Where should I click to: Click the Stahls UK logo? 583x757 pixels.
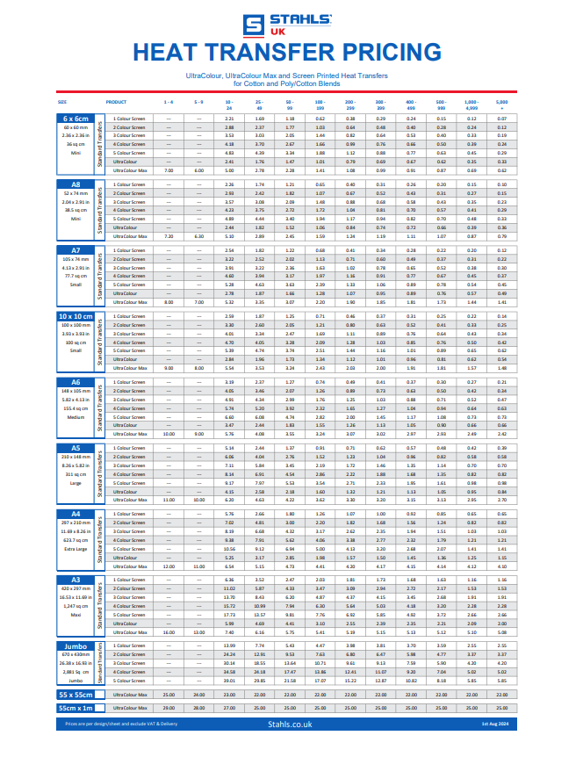pyautogui.click(x=291, y=25)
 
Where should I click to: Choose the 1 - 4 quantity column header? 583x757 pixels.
pyautogui.click(x=169, y=102)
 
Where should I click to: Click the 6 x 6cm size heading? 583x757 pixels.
pyautogui.click(x=75, y=118)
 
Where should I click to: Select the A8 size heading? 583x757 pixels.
pyautogui.click(x=75, y=184)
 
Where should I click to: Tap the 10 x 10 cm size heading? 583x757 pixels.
pyautogui.click(x=75, y=315)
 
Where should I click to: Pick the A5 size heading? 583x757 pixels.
pyautogui.click(x=75, y=447)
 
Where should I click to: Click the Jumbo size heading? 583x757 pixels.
pyautogui.click(x=75, y=645)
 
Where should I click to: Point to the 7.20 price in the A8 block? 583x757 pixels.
pyautogui.click(x=169, y=236)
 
